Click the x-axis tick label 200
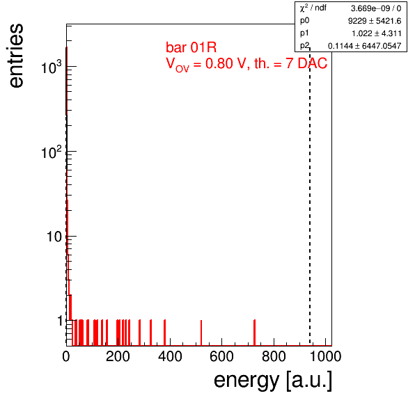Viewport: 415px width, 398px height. [118, 356]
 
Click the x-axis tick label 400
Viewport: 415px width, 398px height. [170, 356]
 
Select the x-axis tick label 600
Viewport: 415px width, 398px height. [222, 356]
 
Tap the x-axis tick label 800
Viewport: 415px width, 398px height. [274, 356]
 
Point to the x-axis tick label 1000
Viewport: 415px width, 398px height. [325, 356]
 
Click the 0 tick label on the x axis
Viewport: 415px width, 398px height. [66, 356]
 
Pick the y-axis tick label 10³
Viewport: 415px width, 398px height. [52, 67]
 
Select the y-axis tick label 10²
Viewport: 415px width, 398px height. [52, 152]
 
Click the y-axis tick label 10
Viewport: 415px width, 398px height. [54, 237]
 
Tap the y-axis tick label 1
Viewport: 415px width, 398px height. [60, 321]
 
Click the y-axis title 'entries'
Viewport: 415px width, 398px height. [17, 56]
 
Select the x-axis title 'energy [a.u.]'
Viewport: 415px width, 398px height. [273, 381]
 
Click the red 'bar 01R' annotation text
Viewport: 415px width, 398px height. [191, 47]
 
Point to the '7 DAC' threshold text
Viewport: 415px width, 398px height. [306, 63]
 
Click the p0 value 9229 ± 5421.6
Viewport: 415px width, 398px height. [375, 21]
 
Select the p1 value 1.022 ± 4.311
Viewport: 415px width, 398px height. [377, 33]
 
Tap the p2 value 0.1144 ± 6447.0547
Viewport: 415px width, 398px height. [364, 46]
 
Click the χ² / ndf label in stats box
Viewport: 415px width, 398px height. [313, 8]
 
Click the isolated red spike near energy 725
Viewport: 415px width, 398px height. [254, 333]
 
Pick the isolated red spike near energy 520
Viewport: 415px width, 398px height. [201, 333]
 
